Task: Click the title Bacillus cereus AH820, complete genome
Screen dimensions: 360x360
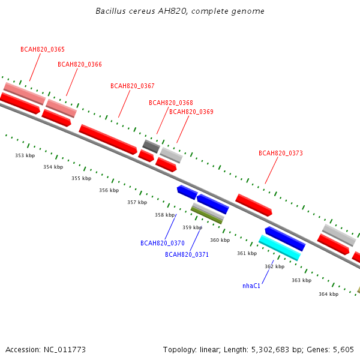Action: point(180,11)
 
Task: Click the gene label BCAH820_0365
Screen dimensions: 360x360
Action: point(43,50)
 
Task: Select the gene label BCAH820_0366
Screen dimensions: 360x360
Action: point(80,65)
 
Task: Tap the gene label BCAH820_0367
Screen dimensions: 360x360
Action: point(133,86)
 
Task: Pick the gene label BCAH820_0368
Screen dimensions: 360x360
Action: point(171,103)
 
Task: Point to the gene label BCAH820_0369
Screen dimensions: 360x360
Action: point(191,112)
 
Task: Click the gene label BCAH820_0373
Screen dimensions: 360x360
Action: point(281,154)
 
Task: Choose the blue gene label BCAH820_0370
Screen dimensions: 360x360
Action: point(163,244)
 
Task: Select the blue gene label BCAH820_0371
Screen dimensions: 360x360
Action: point(187,255)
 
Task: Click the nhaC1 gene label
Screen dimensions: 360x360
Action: point(251,286)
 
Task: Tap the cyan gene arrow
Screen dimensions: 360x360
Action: point(279,247)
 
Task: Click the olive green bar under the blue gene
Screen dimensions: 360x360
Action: point(206,214)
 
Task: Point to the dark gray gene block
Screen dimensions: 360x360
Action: point(151,146)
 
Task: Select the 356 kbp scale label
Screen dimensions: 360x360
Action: point(109,191)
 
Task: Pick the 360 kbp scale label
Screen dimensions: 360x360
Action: point(220,241)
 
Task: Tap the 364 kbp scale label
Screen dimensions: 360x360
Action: point(328,294)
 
